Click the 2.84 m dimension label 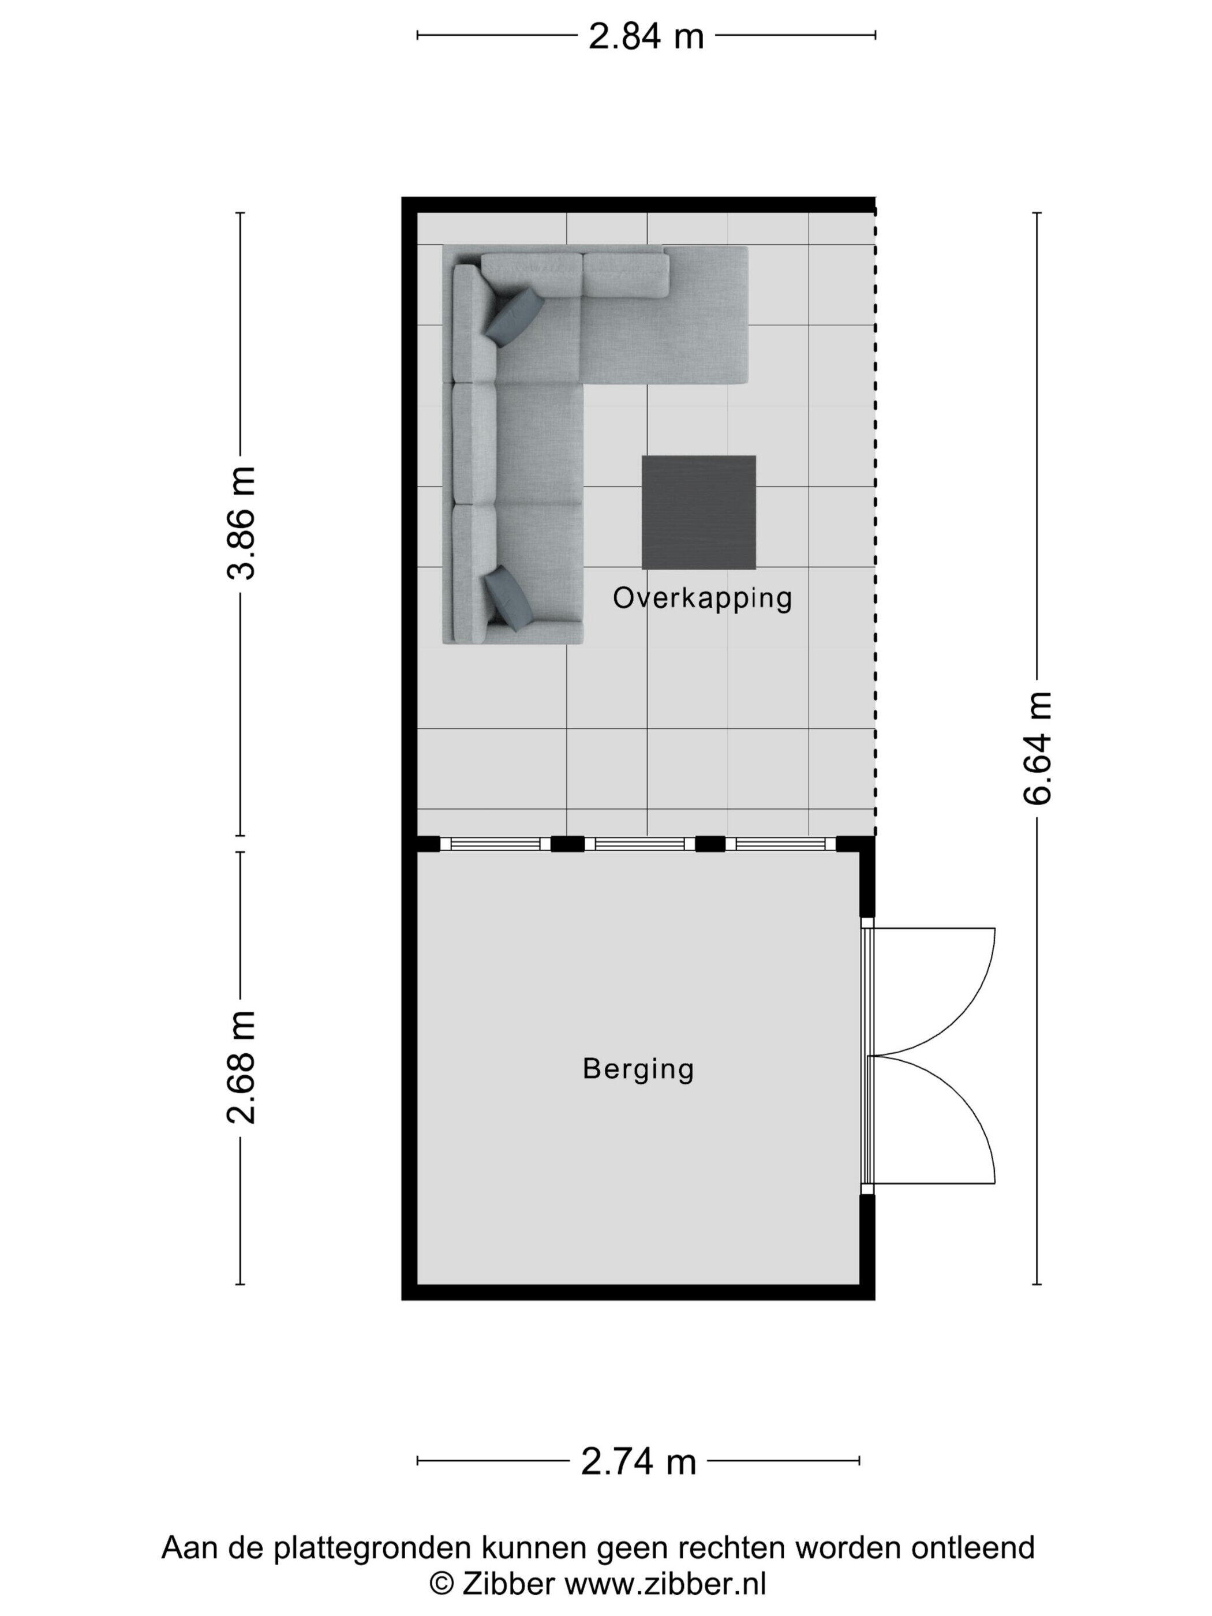646,36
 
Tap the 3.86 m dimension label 241,523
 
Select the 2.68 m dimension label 241,1067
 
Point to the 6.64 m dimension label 1037,748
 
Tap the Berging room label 638,1069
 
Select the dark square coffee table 698,512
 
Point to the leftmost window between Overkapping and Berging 495,844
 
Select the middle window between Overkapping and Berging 639,844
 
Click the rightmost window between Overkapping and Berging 780,844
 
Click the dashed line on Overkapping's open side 875,523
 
